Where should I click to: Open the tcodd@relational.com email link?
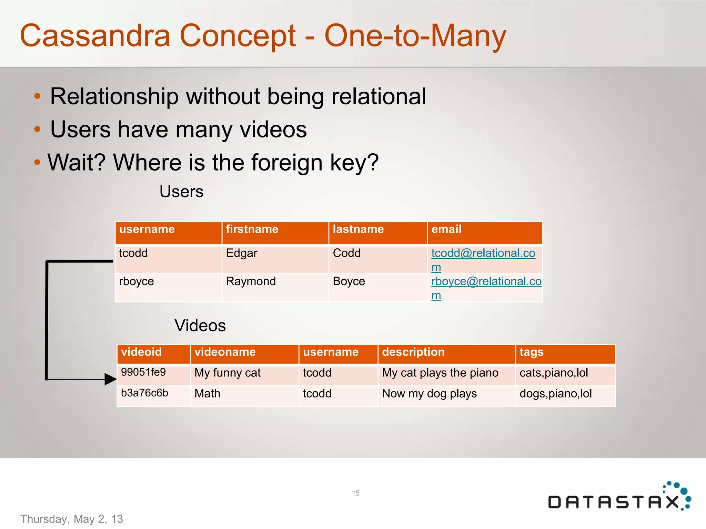click(483, 253)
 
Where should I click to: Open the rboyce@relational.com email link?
click(486, 282)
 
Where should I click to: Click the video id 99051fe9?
click(143, 372)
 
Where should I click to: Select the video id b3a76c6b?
click(144, 393)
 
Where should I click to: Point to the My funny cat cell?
click(228, 373)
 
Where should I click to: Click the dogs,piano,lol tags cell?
click(555, 394)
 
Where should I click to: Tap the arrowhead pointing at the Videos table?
click(111, 379)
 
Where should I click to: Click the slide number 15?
click(356, 493)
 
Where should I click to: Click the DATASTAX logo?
click(619, 498)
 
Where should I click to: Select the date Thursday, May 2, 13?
click(72, 519)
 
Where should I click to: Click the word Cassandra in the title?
click(95, 36)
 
